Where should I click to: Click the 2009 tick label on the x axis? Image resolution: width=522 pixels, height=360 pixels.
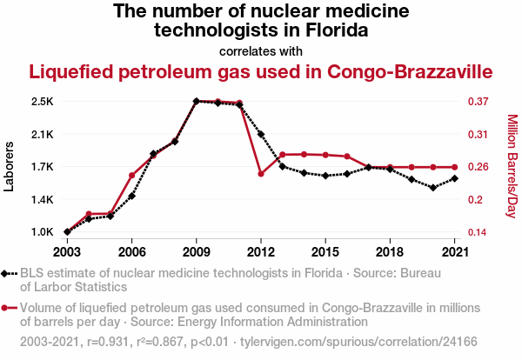tap(196, 251)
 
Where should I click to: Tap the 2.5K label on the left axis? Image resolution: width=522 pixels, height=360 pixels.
tap(42, 102)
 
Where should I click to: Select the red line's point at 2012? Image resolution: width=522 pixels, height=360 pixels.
tap(261, 174)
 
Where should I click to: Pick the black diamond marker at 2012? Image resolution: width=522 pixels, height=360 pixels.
tap(261, 135)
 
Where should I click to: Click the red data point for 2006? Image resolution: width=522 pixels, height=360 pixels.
tap(131, 176)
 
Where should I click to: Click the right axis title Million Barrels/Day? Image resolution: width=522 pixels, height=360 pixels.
tap(512, 166)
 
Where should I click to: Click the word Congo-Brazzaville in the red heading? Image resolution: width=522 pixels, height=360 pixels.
tap(406, 71)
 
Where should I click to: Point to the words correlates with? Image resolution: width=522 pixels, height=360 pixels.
tap(261, 50)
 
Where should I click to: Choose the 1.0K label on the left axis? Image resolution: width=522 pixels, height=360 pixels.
tap(42, 232)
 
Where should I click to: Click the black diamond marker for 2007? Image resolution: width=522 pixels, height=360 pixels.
tap(153, 154)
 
